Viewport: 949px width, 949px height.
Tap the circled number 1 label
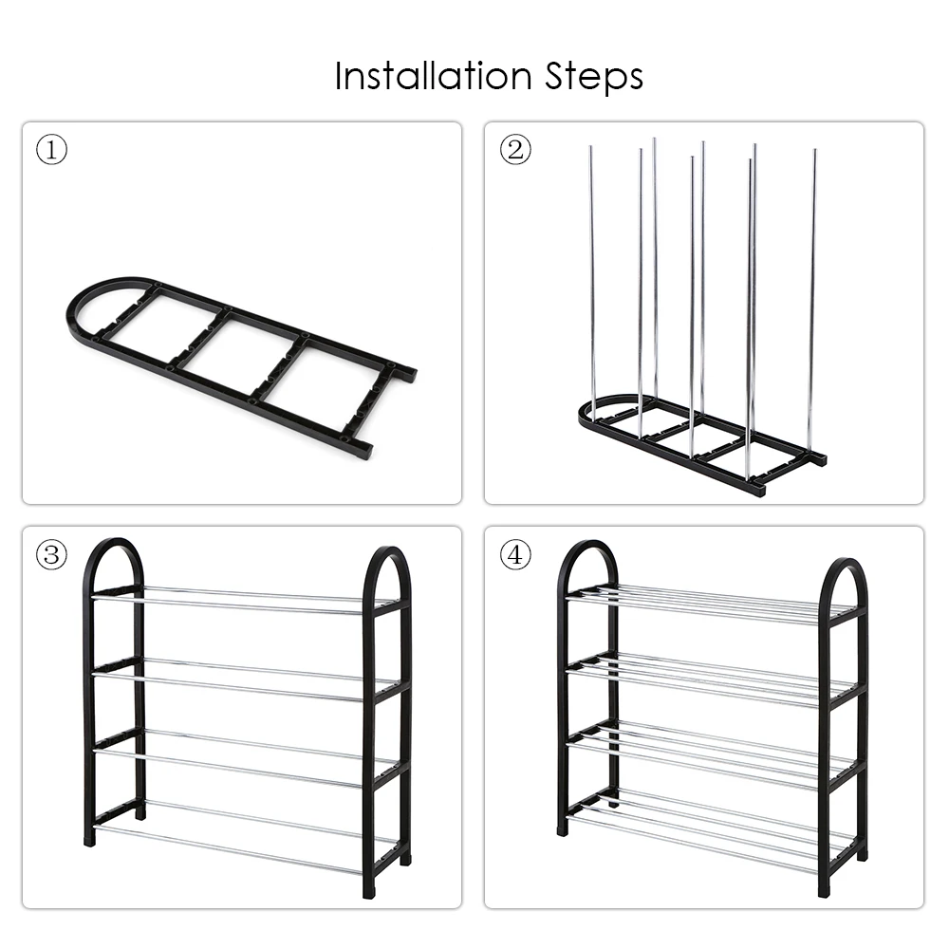pyautogui.click(x=51, y=150)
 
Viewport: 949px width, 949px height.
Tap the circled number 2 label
pyautogui.click(x=515, y=150)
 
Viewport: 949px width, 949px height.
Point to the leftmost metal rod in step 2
pyautogui.click(x=592, y=275)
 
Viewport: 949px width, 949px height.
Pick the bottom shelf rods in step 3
pyautogui.click(x=237, y=835)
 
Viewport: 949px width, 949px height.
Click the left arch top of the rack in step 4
pyautogui.click(x=587, y=550)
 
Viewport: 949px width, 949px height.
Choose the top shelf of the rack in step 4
pyautogui.click(x=702, y=605)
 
